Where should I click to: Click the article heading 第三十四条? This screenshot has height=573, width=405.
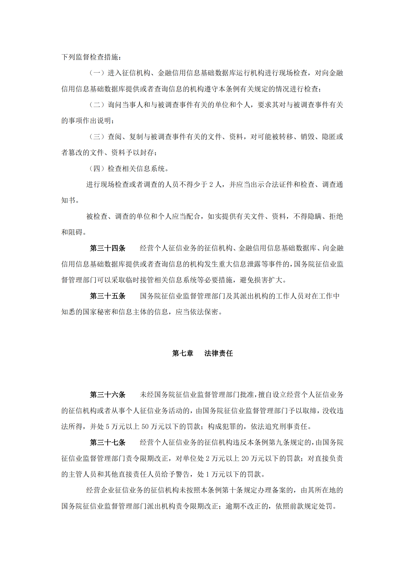(x=108, y=248)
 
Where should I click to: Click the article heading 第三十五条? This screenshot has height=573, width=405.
(x=108, y=296)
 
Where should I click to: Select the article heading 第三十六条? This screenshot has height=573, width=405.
(x=108, y=395)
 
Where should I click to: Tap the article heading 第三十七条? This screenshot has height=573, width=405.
(x=108, y=443)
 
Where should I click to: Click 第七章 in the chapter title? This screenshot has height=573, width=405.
(x=183, y=353)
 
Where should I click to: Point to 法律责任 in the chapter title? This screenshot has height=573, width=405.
(x=218, y=353)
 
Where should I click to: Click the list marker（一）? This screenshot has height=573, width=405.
(x=97, y=73)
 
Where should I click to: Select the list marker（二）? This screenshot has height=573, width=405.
(x=97, y=105)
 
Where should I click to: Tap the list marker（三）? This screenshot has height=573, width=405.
(x=97, y=137)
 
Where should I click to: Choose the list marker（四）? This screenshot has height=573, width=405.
(x=97, y=169)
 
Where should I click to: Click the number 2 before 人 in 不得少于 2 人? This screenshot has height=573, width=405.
(x=211, y=185)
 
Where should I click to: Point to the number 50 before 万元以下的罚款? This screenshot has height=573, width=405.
(x=145, y=427)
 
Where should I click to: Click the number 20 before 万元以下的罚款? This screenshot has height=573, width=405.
(x=245, y=459)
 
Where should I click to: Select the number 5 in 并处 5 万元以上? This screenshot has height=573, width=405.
(x=108, y=427)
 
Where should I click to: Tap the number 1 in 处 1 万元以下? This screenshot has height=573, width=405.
(x=208, y=474)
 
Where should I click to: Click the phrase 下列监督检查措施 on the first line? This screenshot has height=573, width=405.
(x=90, y=57)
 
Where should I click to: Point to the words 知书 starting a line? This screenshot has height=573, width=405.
(x=68, y=200)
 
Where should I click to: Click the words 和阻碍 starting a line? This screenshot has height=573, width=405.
(x=72, y=232)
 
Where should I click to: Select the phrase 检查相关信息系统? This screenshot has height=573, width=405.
(x=136, y=169)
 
